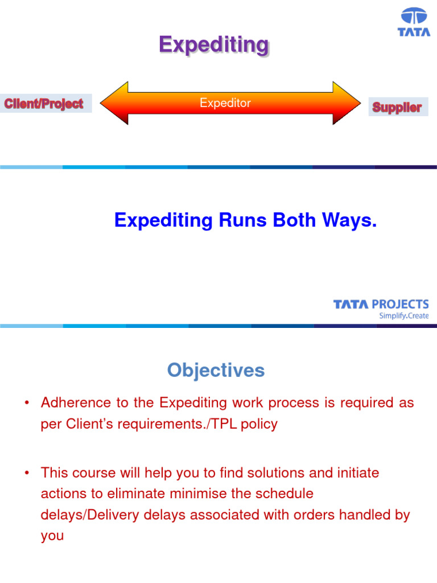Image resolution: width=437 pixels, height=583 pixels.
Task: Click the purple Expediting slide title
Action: pyautogui.click(x=213, y=44)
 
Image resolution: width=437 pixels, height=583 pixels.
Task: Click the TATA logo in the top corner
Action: pyautogui.click(x=414, y=23)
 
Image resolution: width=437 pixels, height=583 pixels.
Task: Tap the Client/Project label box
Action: pyautogui.click(x=44, y=104)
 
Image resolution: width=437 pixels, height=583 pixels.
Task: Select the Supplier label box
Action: pyautogui.click(x=397, y=107)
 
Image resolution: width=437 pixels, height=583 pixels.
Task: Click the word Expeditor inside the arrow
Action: pyautogui.click(x=225, y=103)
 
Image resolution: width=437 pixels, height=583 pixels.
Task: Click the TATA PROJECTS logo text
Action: pyautogui.click(x=381, y=305)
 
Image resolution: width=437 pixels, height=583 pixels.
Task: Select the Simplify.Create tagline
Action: pyautogui.click(x=404, y=316)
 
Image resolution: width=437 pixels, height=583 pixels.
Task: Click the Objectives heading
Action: pyautogui.click(x=216, y=371)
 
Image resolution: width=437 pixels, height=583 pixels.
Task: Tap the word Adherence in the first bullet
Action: pyautogui.click(x=76, y=403)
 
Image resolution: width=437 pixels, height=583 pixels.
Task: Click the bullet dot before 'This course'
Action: pyautogui.click(x=26, y=473)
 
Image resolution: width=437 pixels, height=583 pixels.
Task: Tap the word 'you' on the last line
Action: pyautogui.click(x=52, y=536)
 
